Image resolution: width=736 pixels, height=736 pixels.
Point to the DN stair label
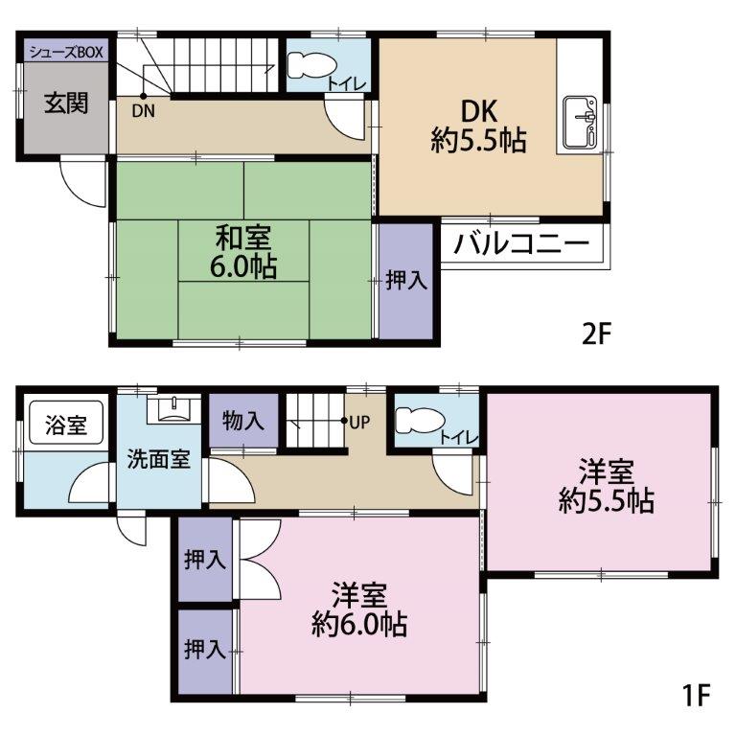(x=143, y=109)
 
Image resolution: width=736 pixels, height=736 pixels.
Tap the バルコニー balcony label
(x=521, y=243)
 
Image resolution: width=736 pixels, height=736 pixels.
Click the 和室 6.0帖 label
(x=243, y=251)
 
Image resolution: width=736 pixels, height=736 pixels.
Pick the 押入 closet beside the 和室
(x=406, y=281)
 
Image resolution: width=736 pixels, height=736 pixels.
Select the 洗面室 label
(x=159, y=459)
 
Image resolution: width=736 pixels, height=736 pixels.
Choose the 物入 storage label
(x=243, y=420)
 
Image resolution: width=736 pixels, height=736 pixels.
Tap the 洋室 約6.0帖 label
(x=359, y=609)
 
